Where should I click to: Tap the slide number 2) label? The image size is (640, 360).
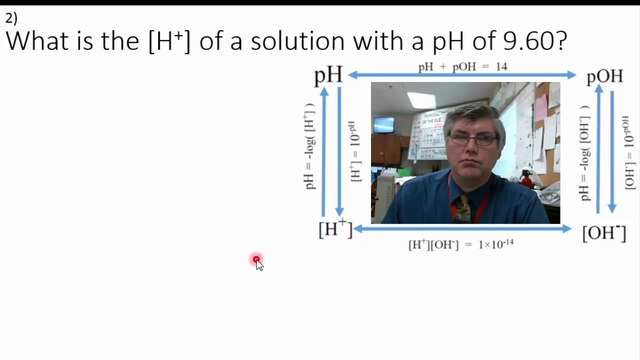pos(11,18)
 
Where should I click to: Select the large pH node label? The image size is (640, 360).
pos(328,75)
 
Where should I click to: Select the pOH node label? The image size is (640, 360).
pos(604,76)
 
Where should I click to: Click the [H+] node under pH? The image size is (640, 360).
pos(335,229)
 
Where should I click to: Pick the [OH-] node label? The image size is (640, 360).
pos(604,233)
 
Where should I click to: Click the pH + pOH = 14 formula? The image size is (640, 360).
pos(462,66)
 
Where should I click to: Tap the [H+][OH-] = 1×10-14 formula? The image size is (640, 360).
pos(460,244)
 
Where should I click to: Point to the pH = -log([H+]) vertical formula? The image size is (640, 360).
pos(310,146)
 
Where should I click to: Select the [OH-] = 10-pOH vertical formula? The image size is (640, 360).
pos(629,152)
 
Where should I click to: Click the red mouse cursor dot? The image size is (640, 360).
pos(256,259)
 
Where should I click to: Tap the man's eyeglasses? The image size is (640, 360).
pos(472,140)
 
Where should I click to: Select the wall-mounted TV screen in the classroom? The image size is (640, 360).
pos(383,124)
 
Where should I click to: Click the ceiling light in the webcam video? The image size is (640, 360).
pos(421,100)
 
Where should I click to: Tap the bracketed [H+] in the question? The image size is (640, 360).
pos(169,41)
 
